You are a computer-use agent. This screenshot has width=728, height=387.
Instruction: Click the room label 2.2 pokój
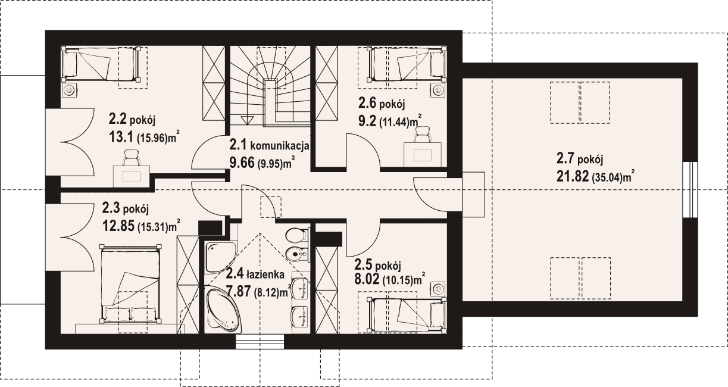pos(132,120)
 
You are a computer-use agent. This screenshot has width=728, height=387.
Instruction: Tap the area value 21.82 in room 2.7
pos(573,176)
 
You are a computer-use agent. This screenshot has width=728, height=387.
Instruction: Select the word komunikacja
pos(280,146)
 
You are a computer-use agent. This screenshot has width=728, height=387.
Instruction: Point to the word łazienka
pos(265,274)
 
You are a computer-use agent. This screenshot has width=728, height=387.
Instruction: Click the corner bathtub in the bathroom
pos(224,310)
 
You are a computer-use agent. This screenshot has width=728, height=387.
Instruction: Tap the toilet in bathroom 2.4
pos(297,235)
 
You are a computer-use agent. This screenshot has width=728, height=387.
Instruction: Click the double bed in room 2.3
pos(131,283)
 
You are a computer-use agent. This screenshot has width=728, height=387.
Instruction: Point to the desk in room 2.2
pos(132,176)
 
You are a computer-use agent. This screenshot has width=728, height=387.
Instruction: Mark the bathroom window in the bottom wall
pos(260,341)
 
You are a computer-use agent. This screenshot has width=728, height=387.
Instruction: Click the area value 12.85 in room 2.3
pos(118,226)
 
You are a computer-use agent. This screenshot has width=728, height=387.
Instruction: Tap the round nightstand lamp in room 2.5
pos(439,288)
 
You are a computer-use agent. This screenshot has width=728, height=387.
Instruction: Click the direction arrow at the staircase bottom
pos(246,119)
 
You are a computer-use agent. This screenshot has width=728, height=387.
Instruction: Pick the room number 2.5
pos(364,265)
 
